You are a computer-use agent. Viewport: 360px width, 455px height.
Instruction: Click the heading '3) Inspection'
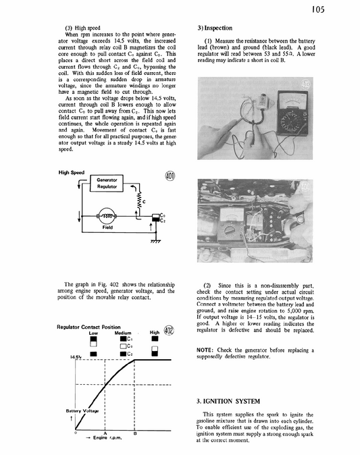(215, 29)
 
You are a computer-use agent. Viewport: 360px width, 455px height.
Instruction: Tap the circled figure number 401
(170, 177)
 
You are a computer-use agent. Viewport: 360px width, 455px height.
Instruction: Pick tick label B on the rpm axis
(135, 432)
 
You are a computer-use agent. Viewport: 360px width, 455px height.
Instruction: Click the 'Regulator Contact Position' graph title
(89, 327)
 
